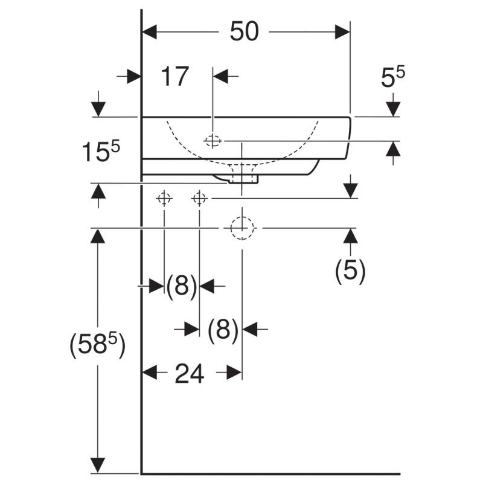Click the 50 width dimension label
pos(244,32)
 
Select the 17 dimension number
pos(174,77)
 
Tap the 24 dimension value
pos(189,374)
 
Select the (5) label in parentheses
pos(351,271)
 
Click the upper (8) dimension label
pos(182,286)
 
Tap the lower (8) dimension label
pos(223,330)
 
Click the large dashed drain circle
pos(241,228)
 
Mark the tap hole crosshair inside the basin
pos(213,141)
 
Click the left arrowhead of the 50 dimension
pos(150,32)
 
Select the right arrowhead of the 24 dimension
pos(234,373)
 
